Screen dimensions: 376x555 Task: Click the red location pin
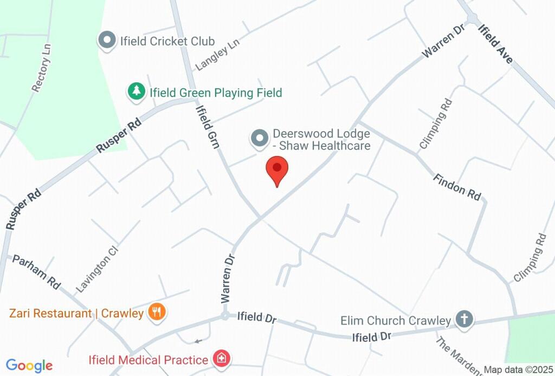277,169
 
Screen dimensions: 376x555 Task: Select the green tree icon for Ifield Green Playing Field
135,92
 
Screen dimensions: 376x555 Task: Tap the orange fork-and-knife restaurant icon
158,312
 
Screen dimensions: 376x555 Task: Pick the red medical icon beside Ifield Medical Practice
221,358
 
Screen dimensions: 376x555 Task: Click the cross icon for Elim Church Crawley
464,319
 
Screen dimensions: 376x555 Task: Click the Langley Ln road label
217,54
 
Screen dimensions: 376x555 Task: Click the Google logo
29,366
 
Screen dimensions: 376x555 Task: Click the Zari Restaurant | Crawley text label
76,313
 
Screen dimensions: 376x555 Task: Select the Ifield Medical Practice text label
149,360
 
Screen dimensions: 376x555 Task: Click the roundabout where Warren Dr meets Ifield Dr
224,316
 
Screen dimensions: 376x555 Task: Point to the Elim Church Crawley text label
396,321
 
